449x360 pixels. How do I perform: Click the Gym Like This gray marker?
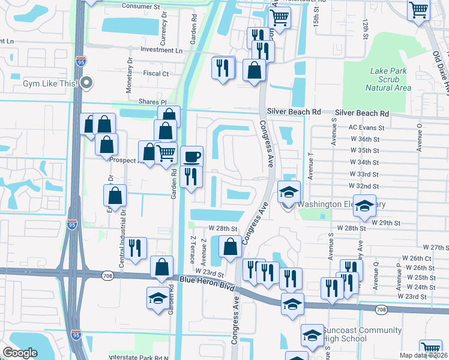point(86,83)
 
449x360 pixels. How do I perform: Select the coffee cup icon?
point(192,157)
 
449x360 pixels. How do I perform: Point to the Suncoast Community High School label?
point(362,335)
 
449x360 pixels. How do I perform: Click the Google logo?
point(20,353)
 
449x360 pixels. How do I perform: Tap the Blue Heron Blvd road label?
point(205,283)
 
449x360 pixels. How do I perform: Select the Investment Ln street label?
point(161,50)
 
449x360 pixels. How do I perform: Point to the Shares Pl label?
point(151,103)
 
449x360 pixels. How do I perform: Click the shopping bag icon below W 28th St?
point(230,246)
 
